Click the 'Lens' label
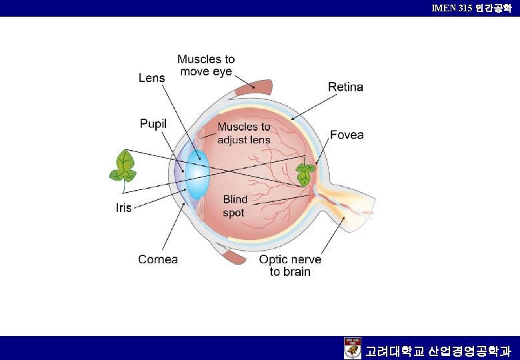tap(151, 78)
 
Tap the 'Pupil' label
tap(153, 124)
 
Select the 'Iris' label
tap(124, 207)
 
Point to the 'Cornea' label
tap(158, 259)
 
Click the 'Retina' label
tap(345, 87)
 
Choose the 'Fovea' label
tap(347, 135)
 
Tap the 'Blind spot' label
tap(234, 206)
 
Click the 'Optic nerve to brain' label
tap(290, 265)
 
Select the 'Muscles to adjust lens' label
tap(244, 133)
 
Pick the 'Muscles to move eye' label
tap(206, 65)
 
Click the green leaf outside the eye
tap(123, 166)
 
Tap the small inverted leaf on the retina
tap(306, 174)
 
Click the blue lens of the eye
tap(197, 173)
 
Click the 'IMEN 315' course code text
tap(453, 8)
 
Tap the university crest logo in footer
tap(353, 348)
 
